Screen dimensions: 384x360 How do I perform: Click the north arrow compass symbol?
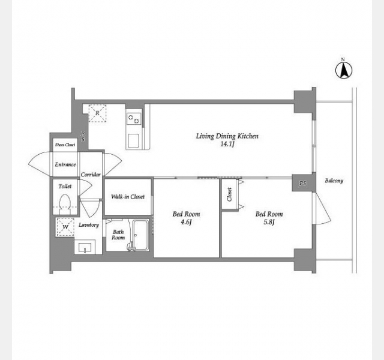click(344, 71)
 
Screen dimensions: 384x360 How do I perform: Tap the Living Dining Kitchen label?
click(227, 136)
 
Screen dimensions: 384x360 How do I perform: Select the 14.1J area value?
click(227, 144)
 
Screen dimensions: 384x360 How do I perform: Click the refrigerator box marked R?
click(97, 113)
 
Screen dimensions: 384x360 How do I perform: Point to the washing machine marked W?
click(65, 227)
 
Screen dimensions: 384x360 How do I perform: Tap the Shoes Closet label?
click(65, 145)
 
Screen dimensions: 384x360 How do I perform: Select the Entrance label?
click(65, 164)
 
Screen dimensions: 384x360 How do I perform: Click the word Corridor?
click(91, 175)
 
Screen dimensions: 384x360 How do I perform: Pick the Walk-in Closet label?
click(128, 197)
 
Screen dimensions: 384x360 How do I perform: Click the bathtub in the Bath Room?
click(141, 235)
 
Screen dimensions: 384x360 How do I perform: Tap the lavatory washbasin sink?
click(85, 247)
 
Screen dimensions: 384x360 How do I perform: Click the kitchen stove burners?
click(134, 119)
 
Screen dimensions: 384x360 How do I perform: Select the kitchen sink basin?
click(134, 141)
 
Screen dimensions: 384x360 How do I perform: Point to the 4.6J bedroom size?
click(186, 223)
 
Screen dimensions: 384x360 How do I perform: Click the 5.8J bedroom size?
click(269, 223)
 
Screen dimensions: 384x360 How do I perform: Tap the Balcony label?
click(334, 181)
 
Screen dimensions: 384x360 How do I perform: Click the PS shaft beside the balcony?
click(302, 183)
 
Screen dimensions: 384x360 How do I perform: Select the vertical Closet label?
click(229, 194)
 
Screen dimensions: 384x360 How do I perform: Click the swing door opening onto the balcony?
click(322, 208)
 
